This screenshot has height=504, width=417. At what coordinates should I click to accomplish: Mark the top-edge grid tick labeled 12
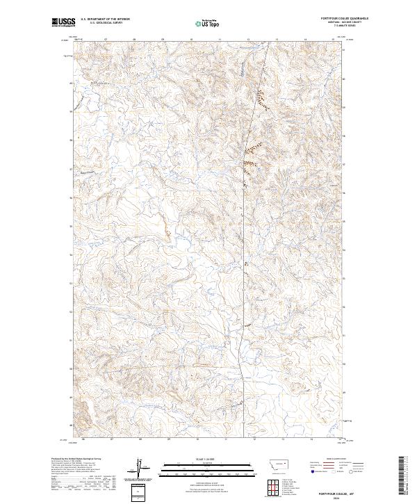click(x=247, y=40)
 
